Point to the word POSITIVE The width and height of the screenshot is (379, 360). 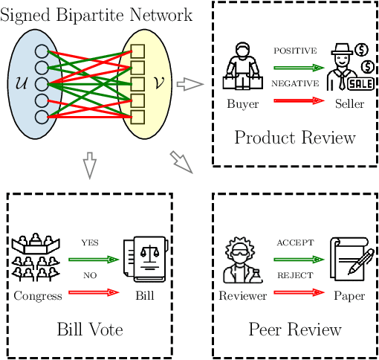coord(294,51)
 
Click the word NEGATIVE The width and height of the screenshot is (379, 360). coord(294,84)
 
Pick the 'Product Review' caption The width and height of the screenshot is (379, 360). coord(295,138)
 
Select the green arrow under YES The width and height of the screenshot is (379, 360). coord(94,260)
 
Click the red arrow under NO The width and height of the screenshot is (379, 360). coord(94,292)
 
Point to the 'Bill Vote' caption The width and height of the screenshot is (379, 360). coord(89,329)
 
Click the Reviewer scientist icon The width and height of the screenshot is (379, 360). coord(242,260)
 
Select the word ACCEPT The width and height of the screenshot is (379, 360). coord(296,243)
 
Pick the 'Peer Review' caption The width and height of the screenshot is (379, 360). coord(295,329)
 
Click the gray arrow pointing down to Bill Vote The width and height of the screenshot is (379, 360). coord(89,166)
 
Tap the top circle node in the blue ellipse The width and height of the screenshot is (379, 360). coord(42,52)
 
